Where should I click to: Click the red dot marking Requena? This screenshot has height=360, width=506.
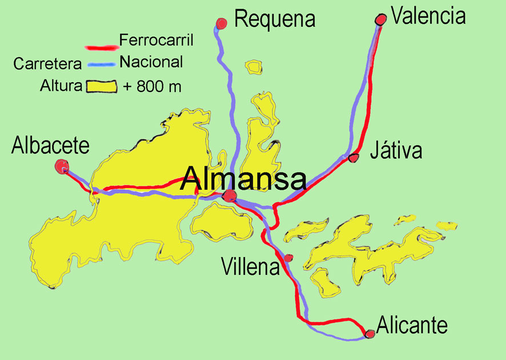[222, 23]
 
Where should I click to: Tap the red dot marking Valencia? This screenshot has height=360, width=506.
[380, 19]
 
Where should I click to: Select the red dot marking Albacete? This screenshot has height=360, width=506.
[62, 166]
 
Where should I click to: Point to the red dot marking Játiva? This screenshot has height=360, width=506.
[354, 157]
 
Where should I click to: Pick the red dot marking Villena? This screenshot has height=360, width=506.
[288, 258]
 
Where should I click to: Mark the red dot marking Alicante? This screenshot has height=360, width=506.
[370, 333]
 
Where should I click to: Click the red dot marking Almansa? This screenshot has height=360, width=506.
[229, 197]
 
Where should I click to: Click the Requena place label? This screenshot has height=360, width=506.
[275, 19]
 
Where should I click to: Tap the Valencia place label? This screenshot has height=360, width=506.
[428, 15]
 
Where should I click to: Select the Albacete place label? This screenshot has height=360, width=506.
[50, 146]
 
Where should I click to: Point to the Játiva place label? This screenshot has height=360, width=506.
[396, 151]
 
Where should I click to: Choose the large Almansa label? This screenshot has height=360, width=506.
[243, 179]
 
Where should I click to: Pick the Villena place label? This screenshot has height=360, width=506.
[250, 266]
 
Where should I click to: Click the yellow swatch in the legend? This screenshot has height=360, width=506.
[101, 87]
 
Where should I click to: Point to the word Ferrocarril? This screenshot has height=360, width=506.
[156, 41]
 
